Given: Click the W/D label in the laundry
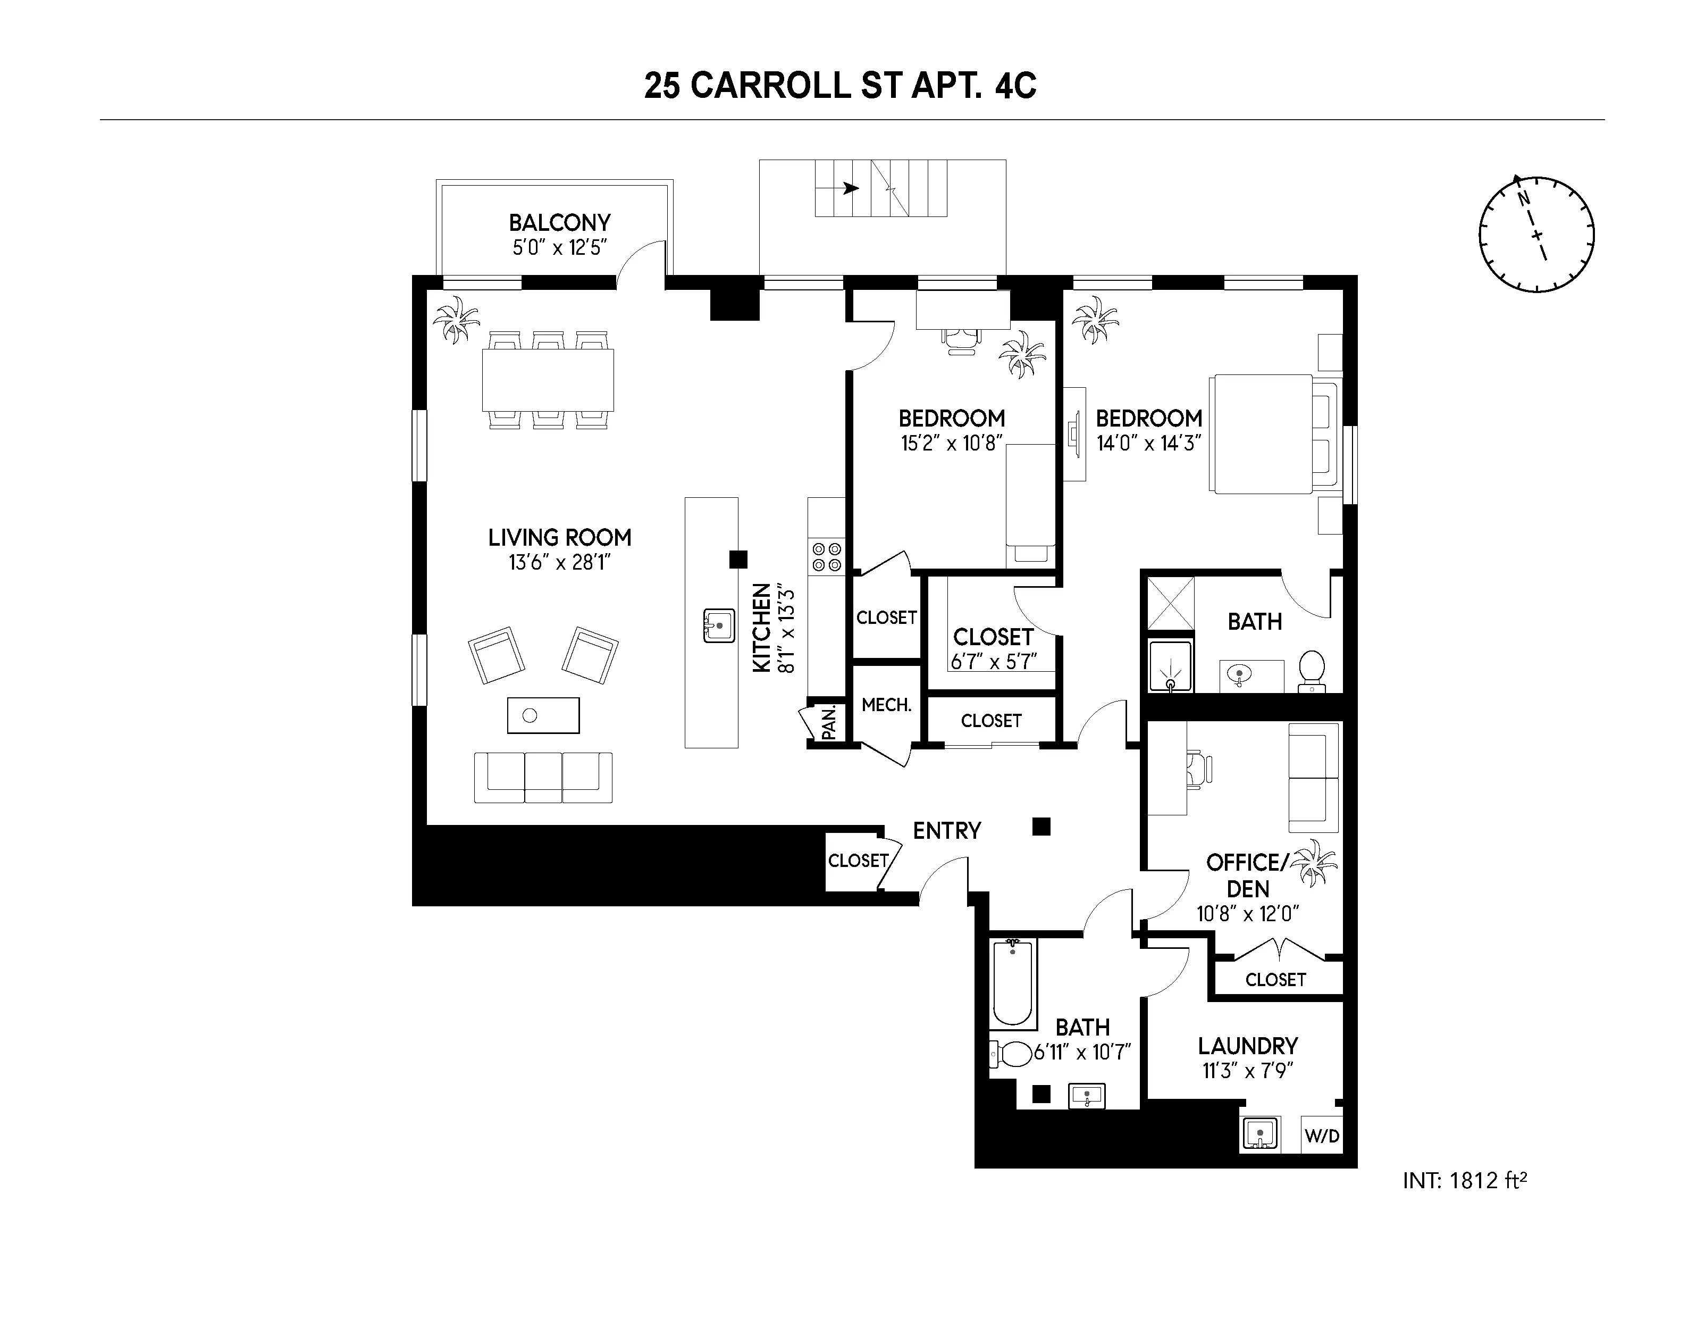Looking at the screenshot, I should [1322, 1136].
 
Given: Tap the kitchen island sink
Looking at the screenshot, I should [719, 626].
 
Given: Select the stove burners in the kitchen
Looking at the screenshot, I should [827, 556].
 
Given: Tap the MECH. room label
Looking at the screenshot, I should [886, 705].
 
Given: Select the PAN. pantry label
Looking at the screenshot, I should [829, 722].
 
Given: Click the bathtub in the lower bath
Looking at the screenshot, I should [1013, 984].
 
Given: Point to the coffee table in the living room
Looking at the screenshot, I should [543, 715].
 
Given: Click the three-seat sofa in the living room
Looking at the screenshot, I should [543, 777].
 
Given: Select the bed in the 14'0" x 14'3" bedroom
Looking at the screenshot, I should [1273, 434].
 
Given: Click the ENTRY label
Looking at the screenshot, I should [946, 831].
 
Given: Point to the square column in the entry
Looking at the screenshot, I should [1040, 826].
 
